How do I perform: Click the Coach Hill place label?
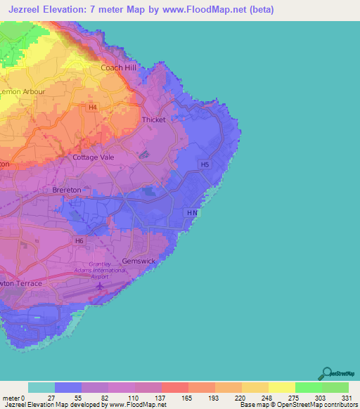click(119, 67)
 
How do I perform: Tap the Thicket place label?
click(153, 119)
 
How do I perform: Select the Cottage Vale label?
click(94, 157)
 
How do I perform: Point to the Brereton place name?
click(67, 190)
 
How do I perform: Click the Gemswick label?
click(138, 261)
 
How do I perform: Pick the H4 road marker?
click(94, 107)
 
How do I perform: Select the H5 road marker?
click(205, 164)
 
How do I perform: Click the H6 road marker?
click(79, 240)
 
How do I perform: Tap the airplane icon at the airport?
click(101, 285)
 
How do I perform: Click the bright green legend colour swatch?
click(308, 387)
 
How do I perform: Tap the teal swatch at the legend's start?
click(41, 387)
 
